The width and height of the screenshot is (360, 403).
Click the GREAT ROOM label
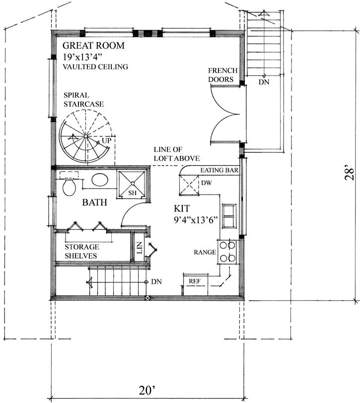tap(93, 46)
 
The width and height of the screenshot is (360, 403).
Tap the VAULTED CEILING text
tap(95, 67)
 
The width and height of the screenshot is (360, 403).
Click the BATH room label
tap(92, 203)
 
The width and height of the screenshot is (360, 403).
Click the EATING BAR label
tap(219, 170)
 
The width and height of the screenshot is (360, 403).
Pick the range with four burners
tap(229, 251)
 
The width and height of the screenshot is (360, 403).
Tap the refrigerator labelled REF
tap(195, 281)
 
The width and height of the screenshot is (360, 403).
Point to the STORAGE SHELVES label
tap(82, 251)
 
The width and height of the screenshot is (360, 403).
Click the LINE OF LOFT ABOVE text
tap(176, 154)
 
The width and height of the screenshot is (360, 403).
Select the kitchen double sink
tap(229, 216)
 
